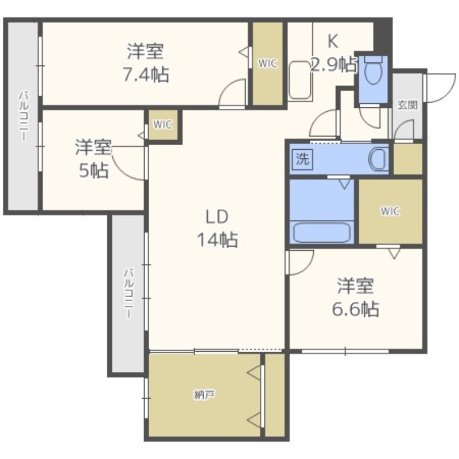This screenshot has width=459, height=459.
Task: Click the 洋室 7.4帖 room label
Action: (x=146, y=63)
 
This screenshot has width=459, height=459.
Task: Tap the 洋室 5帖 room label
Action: (x=94, y=159)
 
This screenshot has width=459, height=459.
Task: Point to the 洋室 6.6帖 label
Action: (x=355, y=297)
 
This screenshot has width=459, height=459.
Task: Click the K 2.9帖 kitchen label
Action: (x=333, y=53)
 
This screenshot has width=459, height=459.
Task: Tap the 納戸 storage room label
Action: (x=204, y=395)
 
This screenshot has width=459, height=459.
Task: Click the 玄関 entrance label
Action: (x=407, y=105)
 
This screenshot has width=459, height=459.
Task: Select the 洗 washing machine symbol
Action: (x=302, y=160)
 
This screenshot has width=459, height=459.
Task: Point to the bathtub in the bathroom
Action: (x=322, y=233)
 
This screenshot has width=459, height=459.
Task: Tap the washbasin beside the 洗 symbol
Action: (x=379, y=160)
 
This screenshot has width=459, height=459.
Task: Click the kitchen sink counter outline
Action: (x=300, y=80)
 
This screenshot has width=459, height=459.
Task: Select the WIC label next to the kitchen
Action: (x=267, y=64)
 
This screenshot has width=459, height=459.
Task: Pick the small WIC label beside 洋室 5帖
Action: (x=162, y=125)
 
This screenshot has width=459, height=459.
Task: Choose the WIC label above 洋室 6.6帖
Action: (x=390, y=211)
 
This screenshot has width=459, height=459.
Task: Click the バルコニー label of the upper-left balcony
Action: (x=24, y=116)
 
